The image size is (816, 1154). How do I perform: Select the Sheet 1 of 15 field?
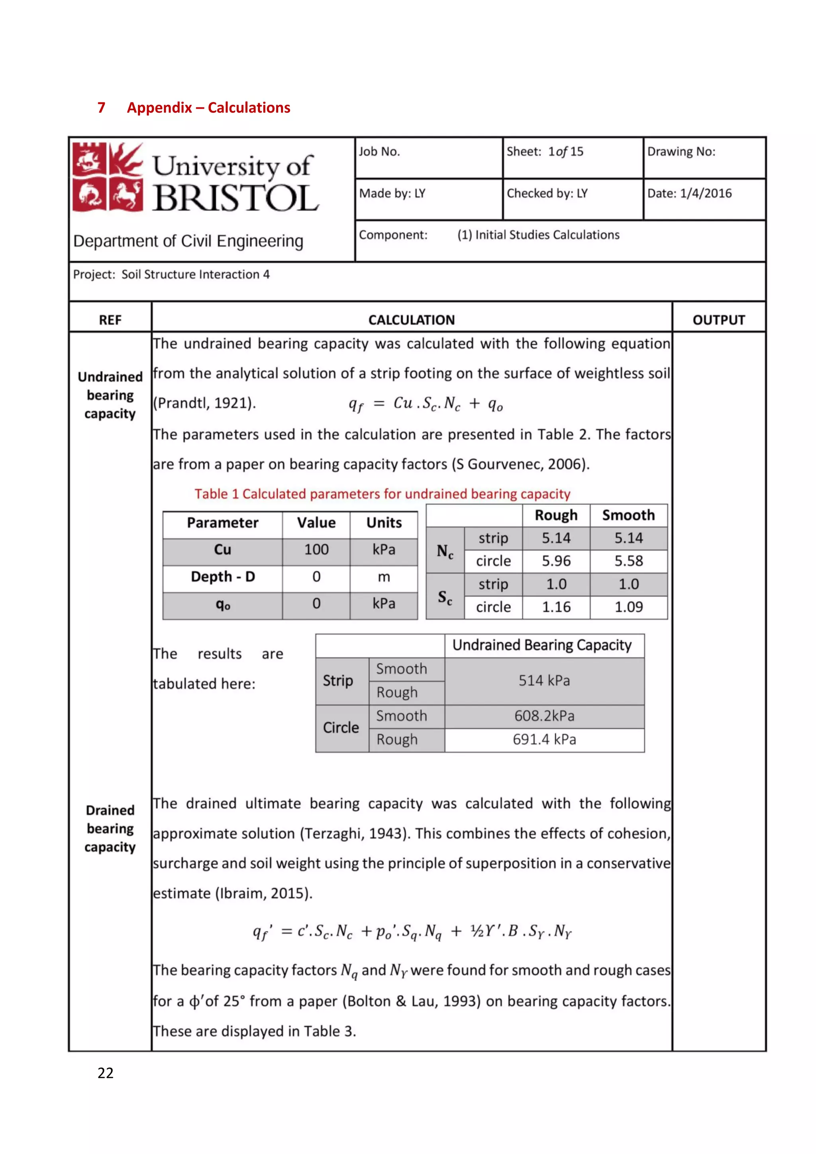point(545,151)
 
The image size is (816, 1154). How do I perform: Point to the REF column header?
point(110,320)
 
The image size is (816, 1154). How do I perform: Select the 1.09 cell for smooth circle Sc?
point(628,607)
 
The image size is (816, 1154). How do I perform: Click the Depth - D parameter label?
point(223,577)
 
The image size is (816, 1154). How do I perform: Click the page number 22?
point(106,1073)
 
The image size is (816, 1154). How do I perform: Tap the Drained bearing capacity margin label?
point(110,828)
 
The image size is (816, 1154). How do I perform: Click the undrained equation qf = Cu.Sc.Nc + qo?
point(426,404)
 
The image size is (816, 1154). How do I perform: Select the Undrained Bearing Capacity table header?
point(541,645)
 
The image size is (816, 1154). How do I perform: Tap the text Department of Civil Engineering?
point(188,241)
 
